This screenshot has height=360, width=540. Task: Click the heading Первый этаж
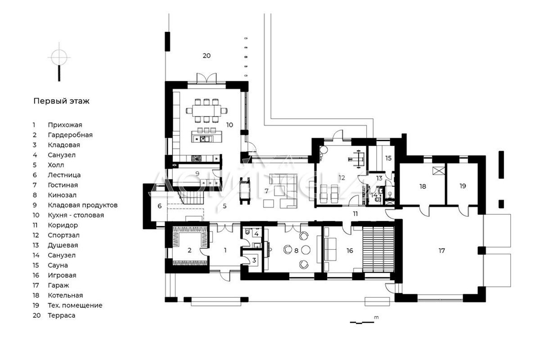tap(61, 101)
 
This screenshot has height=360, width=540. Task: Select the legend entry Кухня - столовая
tap(76, 215)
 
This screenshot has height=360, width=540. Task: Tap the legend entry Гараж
tap(58, 285)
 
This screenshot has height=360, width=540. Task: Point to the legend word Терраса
tap(62, 315)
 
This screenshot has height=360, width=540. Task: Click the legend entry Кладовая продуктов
tap(83, 205)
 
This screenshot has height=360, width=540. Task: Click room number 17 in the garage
tap(441, 251)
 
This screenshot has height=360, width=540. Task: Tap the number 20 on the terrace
tap(207, 56)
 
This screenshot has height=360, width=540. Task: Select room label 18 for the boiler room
tap(423, 186)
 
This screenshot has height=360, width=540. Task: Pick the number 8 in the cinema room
tap(296, 251)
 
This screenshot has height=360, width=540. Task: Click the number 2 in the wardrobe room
tap(189, 250)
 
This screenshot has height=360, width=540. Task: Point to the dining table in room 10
tap(207, 111)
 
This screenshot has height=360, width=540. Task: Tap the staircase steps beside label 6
tap(192, 197)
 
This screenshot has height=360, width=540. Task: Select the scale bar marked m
tap(362, 322)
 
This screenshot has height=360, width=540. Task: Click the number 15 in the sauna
tap(388, 158)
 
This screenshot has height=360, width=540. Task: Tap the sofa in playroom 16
tap(330, 250)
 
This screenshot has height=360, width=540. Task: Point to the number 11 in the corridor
tap(355, 214)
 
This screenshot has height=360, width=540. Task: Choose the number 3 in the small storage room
tap(254, 261)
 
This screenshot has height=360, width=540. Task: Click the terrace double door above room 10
tap(207, 78)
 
